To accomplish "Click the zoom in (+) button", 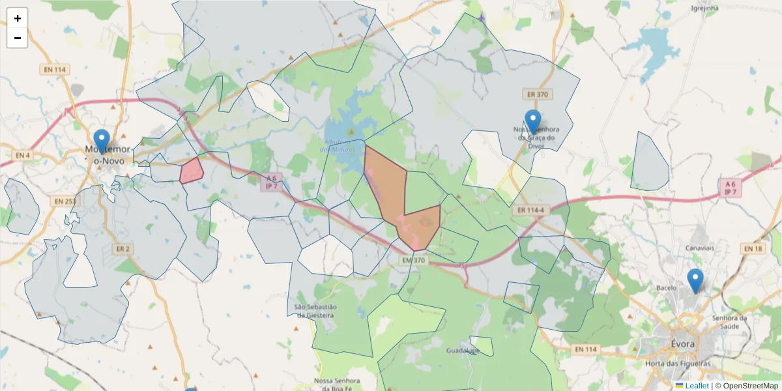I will [18, 18].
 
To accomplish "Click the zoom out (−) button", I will [18, 38].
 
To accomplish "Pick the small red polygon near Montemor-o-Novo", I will [192, 171].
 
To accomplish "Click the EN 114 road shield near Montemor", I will [55, 70].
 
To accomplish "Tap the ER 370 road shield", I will [538, 94].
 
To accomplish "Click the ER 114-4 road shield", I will [532, 210].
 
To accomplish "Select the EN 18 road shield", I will [753, 249].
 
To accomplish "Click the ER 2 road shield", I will [123, 249].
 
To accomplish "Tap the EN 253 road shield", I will [65, 201].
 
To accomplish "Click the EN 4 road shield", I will [22, 155].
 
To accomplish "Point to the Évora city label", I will [682, 343].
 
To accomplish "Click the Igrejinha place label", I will [704, 8].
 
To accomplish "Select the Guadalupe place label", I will [463, 351].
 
